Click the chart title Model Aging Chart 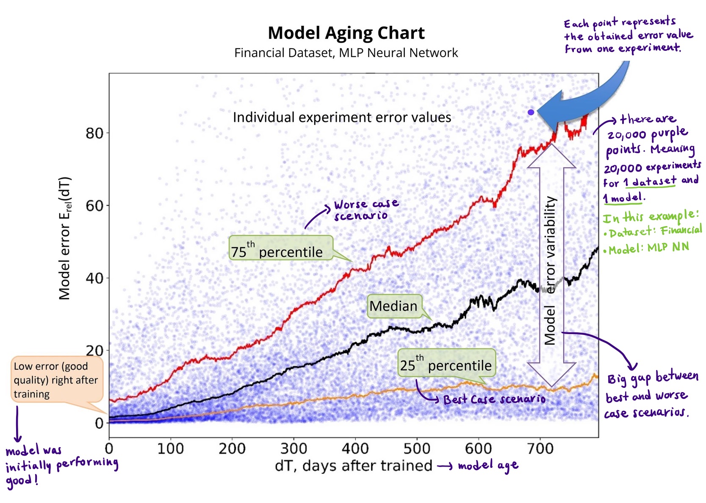[x=346, y=33]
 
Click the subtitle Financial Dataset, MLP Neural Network [x=346, y=53]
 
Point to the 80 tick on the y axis [x=94, y=133]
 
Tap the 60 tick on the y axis [x=94, y=206]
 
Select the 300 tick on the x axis [x=293, y=448]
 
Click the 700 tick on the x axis [x=540, y=448]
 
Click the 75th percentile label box [x=280, y=248]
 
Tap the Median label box [x=394, y=306]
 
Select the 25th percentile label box [x=446, y=362]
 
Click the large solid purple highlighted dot [x=531, y=112]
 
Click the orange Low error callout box [x=57, y=379]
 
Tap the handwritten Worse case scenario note [x=365, y=210]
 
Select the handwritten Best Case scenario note [x=494, y=399]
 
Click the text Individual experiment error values [x=342, y=117]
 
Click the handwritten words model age [x=488, y=466]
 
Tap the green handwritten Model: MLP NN [x=648, y=248]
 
